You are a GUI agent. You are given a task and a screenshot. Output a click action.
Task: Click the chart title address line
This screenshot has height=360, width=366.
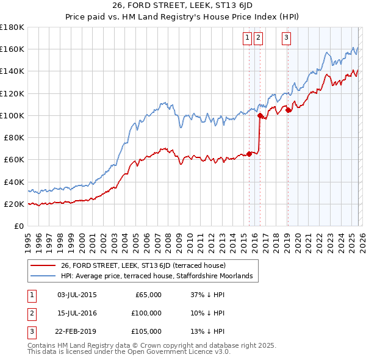tap(182, 7)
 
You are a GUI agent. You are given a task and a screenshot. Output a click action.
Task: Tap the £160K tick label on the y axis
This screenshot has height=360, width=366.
tap(12, 49)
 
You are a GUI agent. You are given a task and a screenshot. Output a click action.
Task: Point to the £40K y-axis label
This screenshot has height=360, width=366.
tap(14, 182)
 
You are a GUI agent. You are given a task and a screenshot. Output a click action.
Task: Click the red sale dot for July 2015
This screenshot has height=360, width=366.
tap(249, 154)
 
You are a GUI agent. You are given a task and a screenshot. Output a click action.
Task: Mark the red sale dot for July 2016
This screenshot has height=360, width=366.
tap(260, 115)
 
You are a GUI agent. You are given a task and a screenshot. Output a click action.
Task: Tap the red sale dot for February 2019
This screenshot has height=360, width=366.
tap(289, 110)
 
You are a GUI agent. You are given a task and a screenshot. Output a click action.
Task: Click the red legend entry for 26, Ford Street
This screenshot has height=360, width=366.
tap(143, 265)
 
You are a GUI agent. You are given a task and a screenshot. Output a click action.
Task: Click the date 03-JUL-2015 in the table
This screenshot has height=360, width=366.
tap(76, 295)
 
